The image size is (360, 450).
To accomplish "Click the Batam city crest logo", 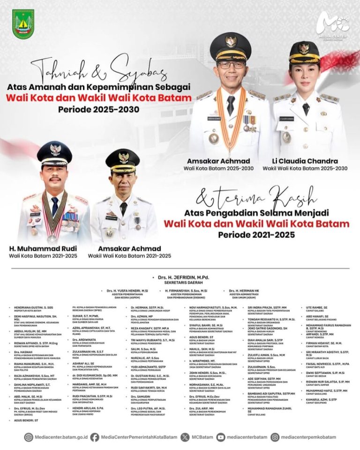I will click(x=23, y=24).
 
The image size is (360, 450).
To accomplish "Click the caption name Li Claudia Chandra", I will click(x=305, y=161).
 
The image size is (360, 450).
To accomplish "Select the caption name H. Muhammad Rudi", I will click(x=43, y=248).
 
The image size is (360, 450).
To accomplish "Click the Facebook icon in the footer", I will click(x=95, y=437).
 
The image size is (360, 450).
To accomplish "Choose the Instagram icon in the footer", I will click(x=275, y=437).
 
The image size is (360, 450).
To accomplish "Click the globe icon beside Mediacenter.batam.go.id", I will click(x=29, y=437).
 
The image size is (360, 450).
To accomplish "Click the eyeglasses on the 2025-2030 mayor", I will click(x=231, y=65).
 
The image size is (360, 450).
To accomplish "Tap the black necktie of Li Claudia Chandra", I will click(x=306, y=108).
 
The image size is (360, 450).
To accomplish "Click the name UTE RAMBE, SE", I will click(x=317, y=308).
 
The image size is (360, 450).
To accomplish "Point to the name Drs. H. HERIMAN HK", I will click(x=245, y=291).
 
